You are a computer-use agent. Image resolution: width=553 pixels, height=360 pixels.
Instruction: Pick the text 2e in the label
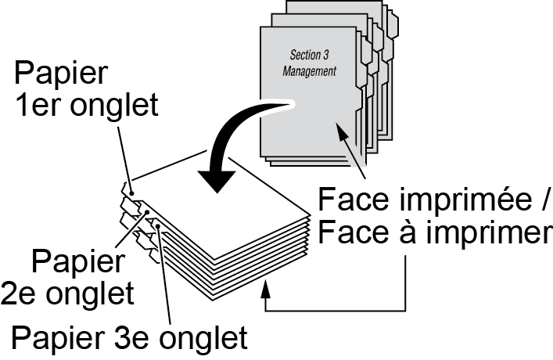point(23,293)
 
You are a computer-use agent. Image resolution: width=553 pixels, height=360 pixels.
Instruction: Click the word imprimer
point(478,234)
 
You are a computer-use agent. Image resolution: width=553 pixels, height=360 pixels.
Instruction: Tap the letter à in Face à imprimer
point(392,234)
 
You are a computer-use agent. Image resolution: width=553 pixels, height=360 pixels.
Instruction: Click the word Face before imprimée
point(347,203)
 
